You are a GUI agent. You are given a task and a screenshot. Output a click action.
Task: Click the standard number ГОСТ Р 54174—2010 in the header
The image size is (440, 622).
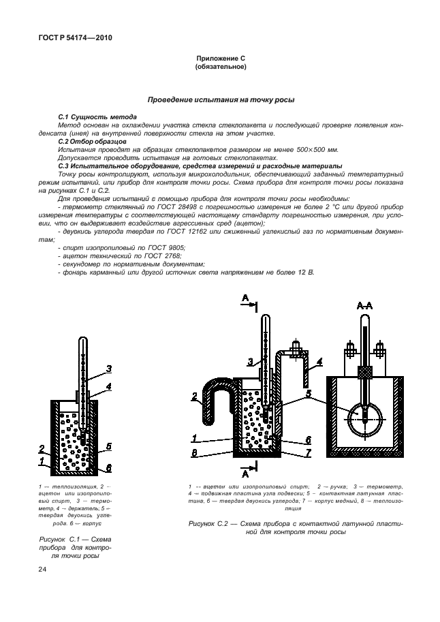(70, 38)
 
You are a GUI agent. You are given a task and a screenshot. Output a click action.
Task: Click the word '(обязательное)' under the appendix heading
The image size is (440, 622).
(220, 67)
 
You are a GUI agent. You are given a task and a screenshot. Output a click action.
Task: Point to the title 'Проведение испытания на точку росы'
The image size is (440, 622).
(220, 100)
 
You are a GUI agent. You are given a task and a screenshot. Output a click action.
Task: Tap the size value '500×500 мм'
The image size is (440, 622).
(320, 149)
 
